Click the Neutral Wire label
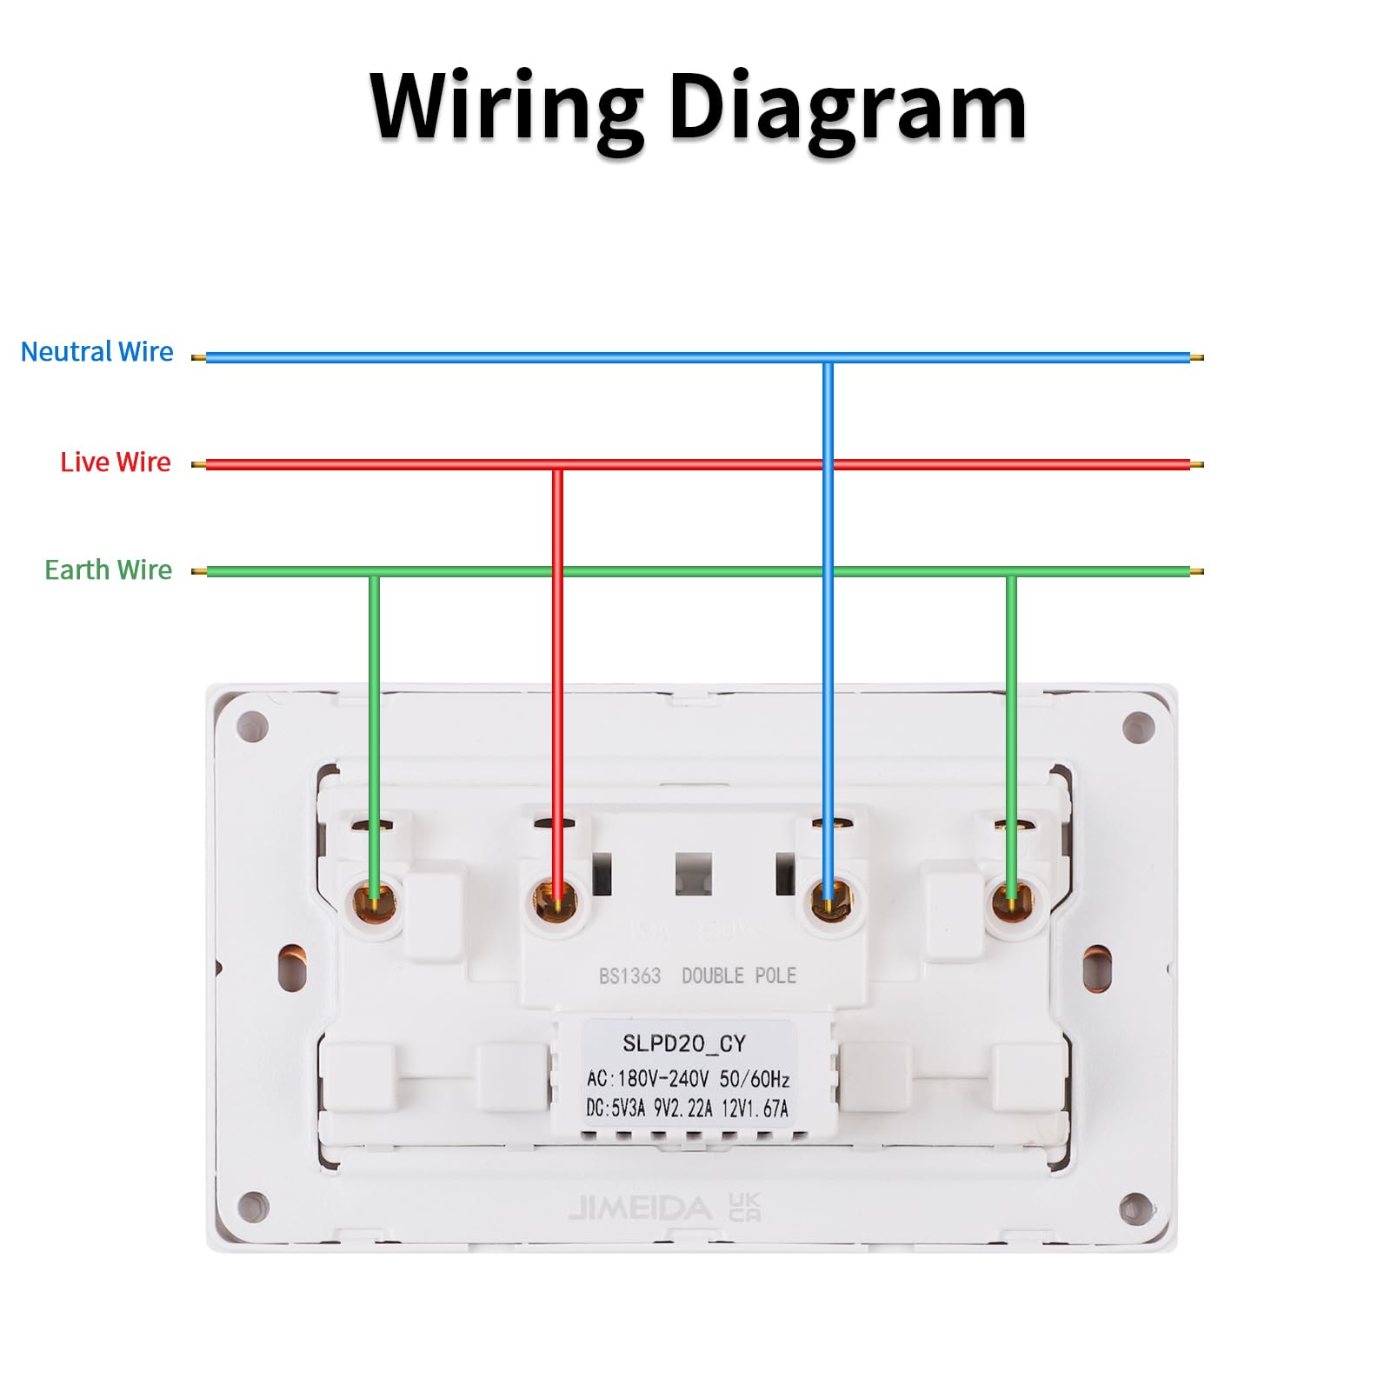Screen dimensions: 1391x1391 tap(97, 352)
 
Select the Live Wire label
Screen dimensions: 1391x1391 tap(116, 462)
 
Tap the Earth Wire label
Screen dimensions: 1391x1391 tap(109, 569)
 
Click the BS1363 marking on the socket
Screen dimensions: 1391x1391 tap(629, 975)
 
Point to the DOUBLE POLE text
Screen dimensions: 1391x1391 tap(739, 975)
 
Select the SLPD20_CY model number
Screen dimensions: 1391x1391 tap(684, 1043)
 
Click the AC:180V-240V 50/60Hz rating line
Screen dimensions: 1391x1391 tap(688, 1079)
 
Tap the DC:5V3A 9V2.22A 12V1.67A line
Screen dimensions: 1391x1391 tap(687, 1108)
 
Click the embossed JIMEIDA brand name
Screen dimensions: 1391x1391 tap(640, 1208)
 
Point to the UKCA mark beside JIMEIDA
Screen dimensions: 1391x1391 tap(744, 1207)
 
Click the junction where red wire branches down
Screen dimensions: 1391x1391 tap(557, 465)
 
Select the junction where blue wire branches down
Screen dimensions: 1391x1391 tap(829, 357)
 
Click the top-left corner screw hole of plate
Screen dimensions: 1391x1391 tap(252, 726)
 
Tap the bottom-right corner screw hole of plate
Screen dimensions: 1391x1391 tap(1136, 1208)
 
